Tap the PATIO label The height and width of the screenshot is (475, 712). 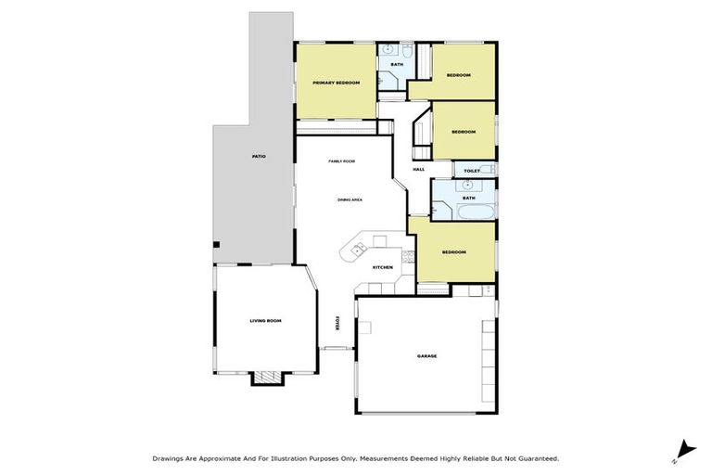tap(259, 156)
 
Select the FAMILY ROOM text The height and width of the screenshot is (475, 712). tap(341, 161)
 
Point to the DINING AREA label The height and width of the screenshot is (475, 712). tap(350, 200)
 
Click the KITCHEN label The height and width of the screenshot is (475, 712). tap(383, 267)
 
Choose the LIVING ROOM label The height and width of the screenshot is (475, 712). tap(265, 321)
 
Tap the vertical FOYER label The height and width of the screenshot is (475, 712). tap(337, 325)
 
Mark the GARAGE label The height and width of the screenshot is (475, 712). tap(426, 356)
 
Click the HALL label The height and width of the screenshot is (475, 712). tap(418, 169)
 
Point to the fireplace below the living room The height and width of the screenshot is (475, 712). tap(266, 377)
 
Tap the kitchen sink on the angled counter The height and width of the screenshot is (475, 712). tap(357, 250)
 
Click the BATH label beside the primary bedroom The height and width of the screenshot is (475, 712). tap(397, 64)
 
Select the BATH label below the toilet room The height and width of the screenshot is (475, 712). tap(468, 198)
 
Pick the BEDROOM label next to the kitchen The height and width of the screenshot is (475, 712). tap(453, 252)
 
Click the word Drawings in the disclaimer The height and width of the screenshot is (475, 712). tap(168, 457)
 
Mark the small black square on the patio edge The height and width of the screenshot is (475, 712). tap(216, 244)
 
